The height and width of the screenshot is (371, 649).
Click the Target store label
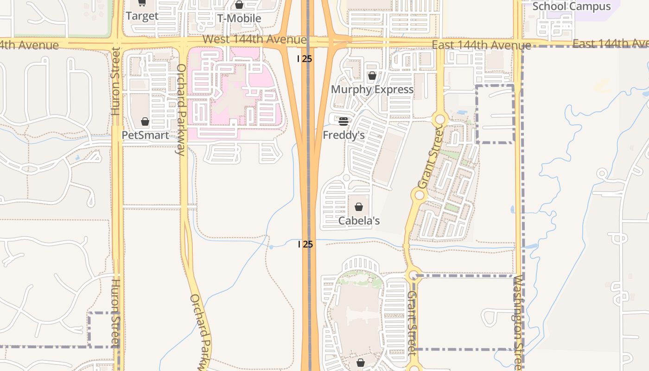coord(142,16)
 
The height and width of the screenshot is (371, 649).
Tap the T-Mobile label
coord(239,19)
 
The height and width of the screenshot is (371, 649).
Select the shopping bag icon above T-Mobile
coord(239,5)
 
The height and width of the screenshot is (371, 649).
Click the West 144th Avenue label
coord(255,39)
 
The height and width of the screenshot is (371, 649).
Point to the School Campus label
coord(571,6)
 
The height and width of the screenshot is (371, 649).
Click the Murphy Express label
coord(372,90)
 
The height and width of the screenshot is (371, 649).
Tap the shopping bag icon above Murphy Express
coord(372,76)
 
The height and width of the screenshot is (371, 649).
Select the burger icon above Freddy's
coord(344,122)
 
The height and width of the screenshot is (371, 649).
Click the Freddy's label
coord(344,135)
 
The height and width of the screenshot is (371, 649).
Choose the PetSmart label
coord(145,135)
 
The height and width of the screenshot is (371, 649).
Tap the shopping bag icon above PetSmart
coord(145,122)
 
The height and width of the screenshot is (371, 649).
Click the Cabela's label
coord(359,221)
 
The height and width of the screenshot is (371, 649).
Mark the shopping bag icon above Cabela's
coord(359,207)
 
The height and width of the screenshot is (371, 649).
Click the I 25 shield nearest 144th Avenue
coord(305,59)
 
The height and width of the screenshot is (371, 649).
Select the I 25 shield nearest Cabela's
coord(305,244)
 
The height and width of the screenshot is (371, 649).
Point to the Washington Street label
coord(518,320)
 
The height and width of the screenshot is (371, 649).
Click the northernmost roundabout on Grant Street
coord(439,120)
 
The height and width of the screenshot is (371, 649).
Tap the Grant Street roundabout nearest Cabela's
coord(420,195)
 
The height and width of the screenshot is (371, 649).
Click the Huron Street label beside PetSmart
coord(115,81)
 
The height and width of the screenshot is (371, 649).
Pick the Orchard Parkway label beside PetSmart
coord(181,109)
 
